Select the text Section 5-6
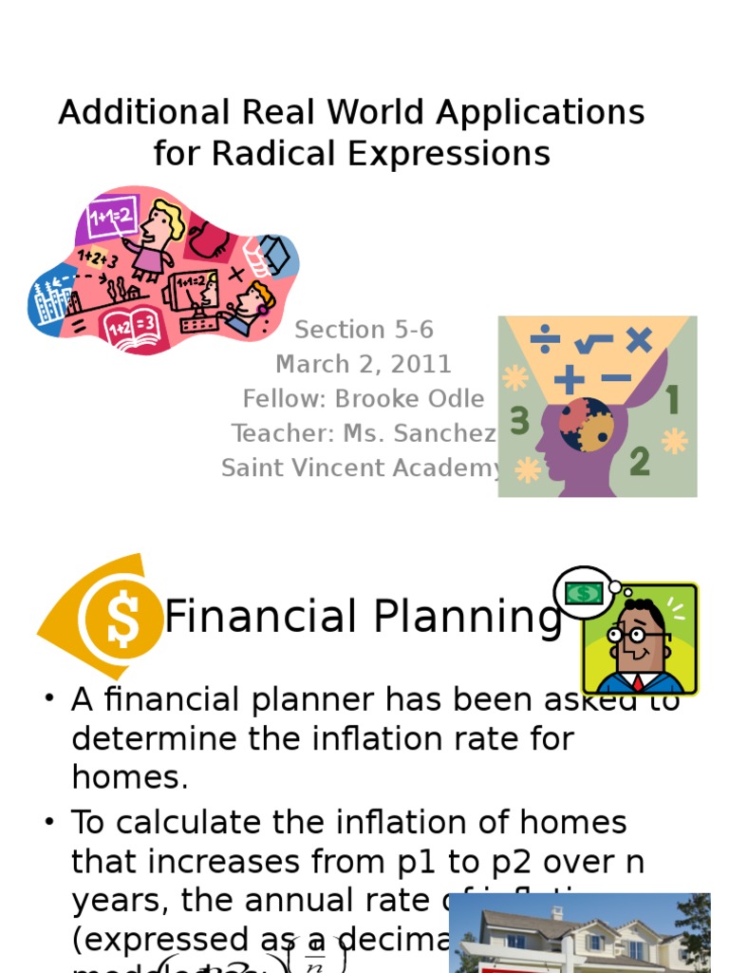coord(364,330)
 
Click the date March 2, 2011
coord(364,364)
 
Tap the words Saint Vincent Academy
coord(362,467)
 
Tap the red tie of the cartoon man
coord(638,681)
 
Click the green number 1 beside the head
coord(673,401)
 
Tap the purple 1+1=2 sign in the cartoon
coord(113,215)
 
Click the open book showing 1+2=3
coord(133,325)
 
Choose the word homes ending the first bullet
coord(128,778)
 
